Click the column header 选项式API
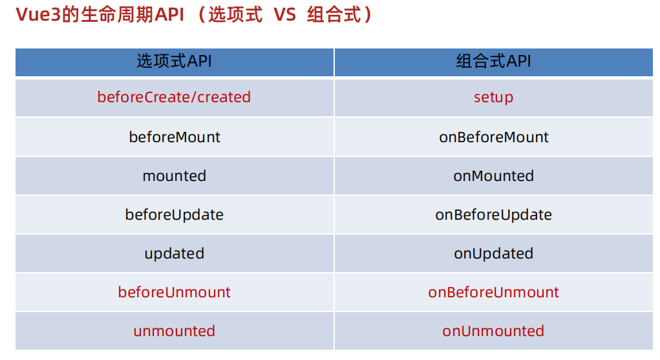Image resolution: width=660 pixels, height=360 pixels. pyautogui.click(x=174, y=61)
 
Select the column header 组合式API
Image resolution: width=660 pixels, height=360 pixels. pyautogui.click(x=493, y=61)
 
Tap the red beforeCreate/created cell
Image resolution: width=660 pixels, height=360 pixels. pyautogui.click(x=174, y=98)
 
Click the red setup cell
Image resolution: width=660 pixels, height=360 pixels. pyautogui.click(x=493, y=98)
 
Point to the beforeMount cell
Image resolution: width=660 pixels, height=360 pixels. pyautogui.click(x=174, y=137)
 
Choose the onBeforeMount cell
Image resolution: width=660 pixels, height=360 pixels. pyautogui.click(x=493, y=137)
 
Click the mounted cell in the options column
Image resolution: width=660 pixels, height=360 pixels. pyautogui.click(x=174, y=176)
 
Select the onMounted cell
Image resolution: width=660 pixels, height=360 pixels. pyautogui.click(x=493, y=176)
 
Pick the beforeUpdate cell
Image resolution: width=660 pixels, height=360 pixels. pyautogui.click(x=174, y=215)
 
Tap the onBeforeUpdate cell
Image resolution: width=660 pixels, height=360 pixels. pyautogui.click(x=493, y=215)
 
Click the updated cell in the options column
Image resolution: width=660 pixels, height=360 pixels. pyautogui.click(x=174, y=253)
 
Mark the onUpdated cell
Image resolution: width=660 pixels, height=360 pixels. pyautogui.click(x=493, y=253)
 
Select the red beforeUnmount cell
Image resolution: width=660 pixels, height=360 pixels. pyautogui.click(x=174, y=292)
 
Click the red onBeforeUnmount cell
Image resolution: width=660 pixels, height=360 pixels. pyautogui.click(x=493, y=292)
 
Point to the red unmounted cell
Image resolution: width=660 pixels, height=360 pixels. pyautogui.click(x=174, y=331)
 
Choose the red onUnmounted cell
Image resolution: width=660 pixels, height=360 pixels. pyautogui.click(x=493, y=331)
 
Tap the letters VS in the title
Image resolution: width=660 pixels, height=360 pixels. pyautogui.click(x=284, y=16)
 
